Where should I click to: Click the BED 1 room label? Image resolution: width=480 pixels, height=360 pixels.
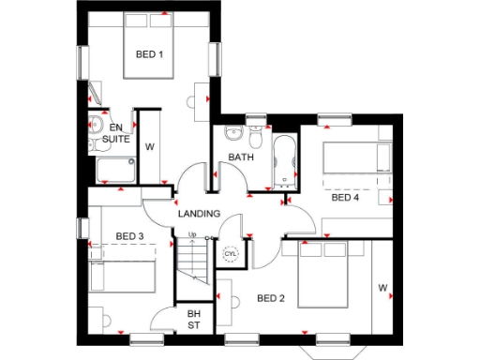(149, 54)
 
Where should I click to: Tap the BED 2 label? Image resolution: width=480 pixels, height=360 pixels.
(270, 299)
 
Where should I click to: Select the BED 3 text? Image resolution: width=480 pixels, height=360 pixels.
(129, 235)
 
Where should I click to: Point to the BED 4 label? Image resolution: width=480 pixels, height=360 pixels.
(345, 198)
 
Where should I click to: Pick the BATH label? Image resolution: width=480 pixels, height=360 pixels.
(241, 157)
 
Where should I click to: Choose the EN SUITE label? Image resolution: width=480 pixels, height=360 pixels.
(116, 133)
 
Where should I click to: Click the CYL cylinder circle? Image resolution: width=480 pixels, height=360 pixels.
(231, 254)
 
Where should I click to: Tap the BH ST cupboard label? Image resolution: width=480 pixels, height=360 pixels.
(194, 319)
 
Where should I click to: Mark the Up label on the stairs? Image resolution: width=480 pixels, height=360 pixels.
(191, 235)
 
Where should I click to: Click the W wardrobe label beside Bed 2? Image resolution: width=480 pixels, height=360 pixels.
(382, 287)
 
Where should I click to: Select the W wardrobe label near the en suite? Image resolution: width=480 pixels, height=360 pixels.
(150, 146)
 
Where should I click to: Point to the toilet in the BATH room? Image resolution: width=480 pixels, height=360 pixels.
(255, 127)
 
